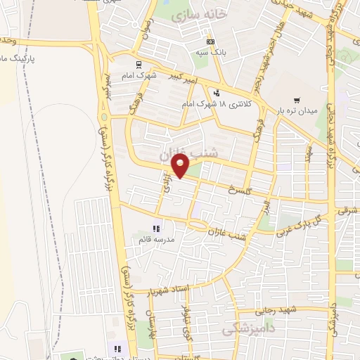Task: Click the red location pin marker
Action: (x=181, y=167)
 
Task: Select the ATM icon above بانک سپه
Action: (x=211, y=41)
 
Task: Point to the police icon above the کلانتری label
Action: (x=217, y=91)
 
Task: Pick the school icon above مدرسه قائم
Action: (x=156, y=229)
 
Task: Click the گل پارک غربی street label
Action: (x=303, y=221)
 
